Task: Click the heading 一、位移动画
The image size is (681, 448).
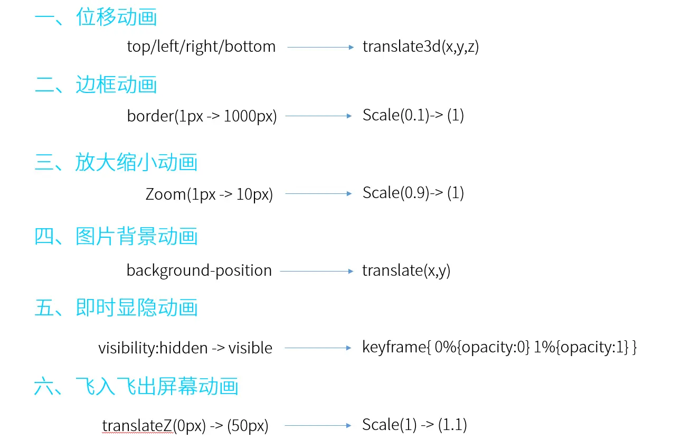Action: [x=96, y=18]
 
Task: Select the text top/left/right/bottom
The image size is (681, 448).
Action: [x=201, y=46]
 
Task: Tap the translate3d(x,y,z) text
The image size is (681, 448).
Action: [x=420, y=46]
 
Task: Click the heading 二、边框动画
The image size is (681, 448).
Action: [x=96, y=85]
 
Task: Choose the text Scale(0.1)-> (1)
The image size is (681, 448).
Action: [x=413, y=115]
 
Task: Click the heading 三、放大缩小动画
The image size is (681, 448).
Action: [x=116, y=162]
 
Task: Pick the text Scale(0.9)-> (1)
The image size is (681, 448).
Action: [x=413, y=193]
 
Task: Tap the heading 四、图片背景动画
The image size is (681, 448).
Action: [x=116, y=236]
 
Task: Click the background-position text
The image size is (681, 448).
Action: [x=199, y=270]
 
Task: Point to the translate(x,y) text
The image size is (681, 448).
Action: [x=406, y=270]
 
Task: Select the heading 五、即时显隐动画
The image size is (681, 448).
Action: [x=116, y=308]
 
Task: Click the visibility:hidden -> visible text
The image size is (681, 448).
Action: [x=185, y=348]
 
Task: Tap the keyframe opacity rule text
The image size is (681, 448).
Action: [x=499, y=348]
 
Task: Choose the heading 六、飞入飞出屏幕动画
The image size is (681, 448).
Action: [x=136, y=387]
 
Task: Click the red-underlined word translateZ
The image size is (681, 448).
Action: [x=138, y=426]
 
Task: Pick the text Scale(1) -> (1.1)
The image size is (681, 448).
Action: [x=414, y=425]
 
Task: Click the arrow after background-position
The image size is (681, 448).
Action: [x=317, y=272]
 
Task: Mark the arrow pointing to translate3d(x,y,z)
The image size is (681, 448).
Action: [x=320, y=48]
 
